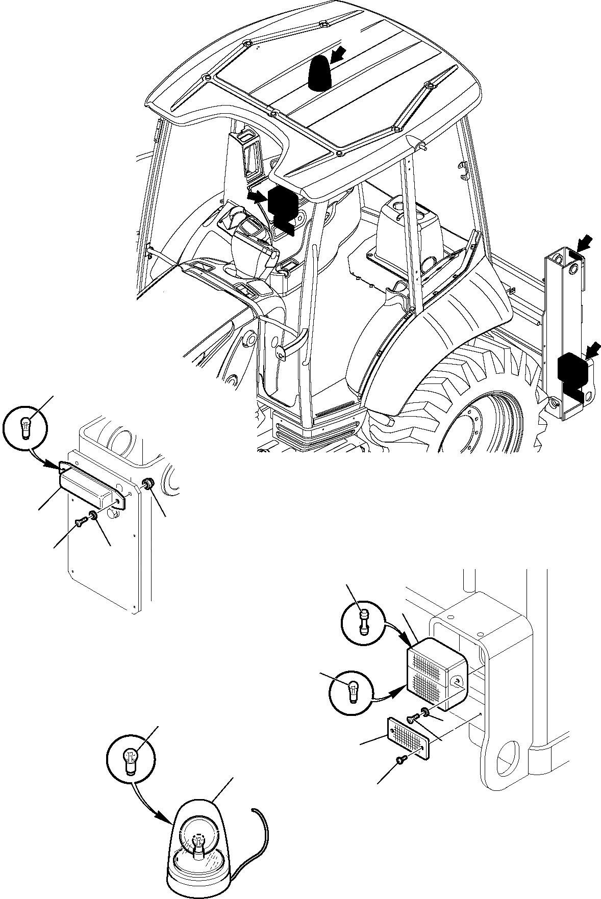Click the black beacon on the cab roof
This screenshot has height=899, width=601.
(319, 74)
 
